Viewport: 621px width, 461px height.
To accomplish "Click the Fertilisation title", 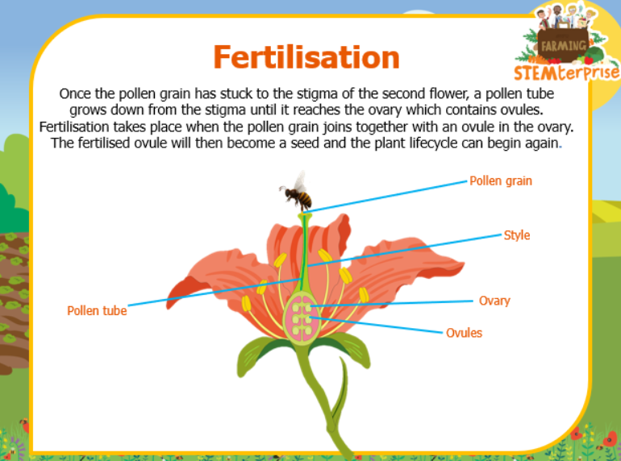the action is [306, 57].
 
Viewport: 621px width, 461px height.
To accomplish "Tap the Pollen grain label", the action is [501, 181].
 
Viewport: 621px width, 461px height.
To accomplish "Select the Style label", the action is [516, 235].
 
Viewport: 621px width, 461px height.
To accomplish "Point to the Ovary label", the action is [494, 301].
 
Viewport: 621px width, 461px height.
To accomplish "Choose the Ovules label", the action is [465, 333].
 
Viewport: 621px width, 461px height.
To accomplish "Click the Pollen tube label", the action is [97, 310].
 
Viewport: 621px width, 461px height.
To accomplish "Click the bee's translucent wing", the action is [300, 181].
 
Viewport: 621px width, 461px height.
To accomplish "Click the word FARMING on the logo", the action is [563, 46].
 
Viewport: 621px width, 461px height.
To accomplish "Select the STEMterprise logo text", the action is [566, 73].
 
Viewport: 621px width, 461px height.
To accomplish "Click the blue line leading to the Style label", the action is [404, 251].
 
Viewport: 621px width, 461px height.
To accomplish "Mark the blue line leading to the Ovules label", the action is [376, 325].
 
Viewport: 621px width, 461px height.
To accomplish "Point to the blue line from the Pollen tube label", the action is [215, 292].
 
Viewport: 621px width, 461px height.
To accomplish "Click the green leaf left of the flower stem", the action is [262, 353].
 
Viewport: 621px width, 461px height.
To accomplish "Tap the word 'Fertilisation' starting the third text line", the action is [74, 127].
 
